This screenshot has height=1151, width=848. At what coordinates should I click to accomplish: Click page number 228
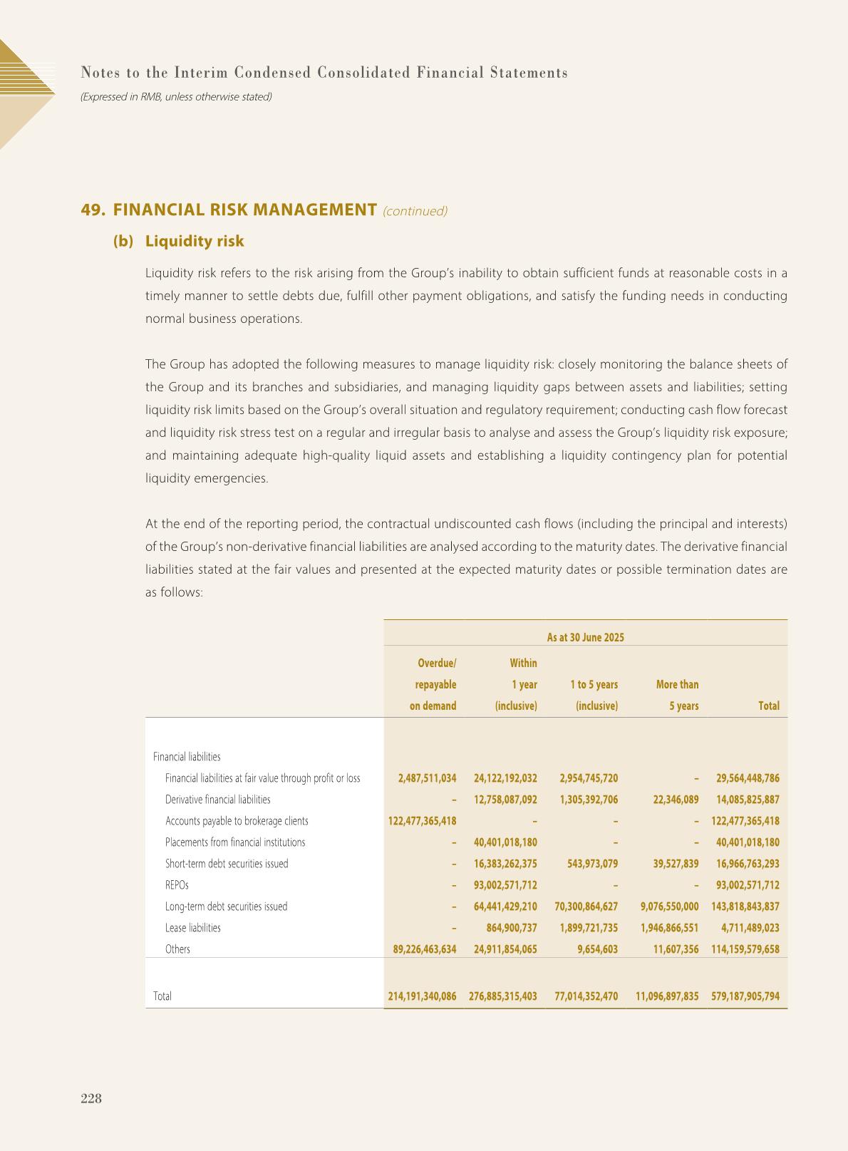91,1098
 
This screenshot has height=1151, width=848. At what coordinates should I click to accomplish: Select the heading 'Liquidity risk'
194,241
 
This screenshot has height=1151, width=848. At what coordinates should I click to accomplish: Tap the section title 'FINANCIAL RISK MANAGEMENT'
244,210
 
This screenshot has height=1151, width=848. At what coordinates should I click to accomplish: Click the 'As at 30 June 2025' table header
585,637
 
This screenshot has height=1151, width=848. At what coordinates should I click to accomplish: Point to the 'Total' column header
768,706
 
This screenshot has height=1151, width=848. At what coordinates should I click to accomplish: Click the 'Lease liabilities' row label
192,928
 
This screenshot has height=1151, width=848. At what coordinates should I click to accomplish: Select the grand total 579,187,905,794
745,996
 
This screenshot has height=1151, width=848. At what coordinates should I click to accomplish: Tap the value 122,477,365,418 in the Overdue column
422,821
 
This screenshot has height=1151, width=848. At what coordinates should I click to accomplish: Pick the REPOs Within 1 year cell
505,885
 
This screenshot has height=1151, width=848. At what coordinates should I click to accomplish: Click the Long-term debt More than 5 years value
669,907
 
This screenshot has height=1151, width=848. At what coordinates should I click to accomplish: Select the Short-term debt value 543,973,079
588,864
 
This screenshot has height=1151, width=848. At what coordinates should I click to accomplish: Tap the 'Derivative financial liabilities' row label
217,800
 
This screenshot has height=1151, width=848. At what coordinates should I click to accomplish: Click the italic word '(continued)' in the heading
415,211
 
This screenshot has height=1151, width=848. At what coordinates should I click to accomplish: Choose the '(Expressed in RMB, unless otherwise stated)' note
176,96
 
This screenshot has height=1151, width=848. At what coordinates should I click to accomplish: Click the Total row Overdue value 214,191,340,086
422,996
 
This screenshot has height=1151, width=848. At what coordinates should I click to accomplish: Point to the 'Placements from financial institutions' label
235,842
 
